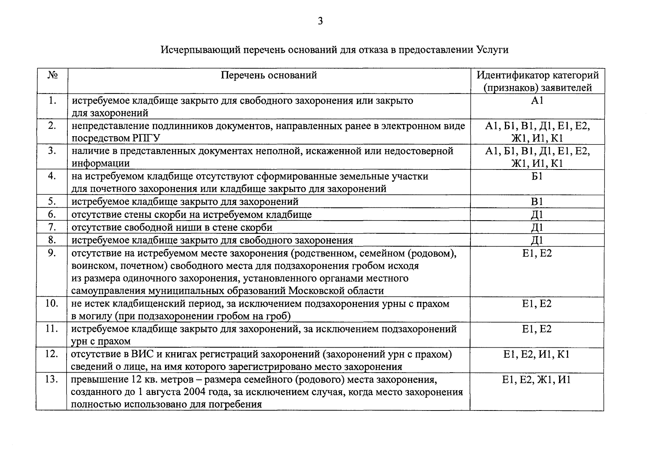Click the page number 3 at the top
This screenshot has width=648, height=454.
tap(320, 22)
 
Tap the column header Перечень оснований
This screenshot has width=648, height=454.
tap(269, 75)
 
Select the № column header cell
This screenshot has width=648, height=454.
tap(53, 75)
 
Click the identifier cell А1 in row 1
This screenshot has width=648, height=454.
tap(537, 101)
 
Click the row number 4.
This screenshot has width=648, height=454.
tap(52, 176)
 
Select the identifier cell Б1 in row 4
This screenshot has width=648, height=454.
tap(537, 176)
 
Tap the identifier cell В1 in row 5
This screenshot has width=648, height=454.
tap(537, 202)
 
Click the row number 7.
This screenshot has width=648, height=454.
tap(52, 227)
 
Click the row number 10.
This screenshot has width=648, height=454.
tap(51, 303)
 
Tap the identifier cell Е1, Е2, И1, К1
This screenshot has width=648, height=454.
tap(537, 354)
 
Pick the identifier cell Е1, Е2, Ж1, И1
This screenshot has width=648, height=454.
tap(537, 379)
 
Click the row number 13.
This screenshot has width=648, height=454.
tap(51, 379)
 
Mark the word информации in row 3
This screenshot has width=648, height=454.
tap(101, 163)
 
